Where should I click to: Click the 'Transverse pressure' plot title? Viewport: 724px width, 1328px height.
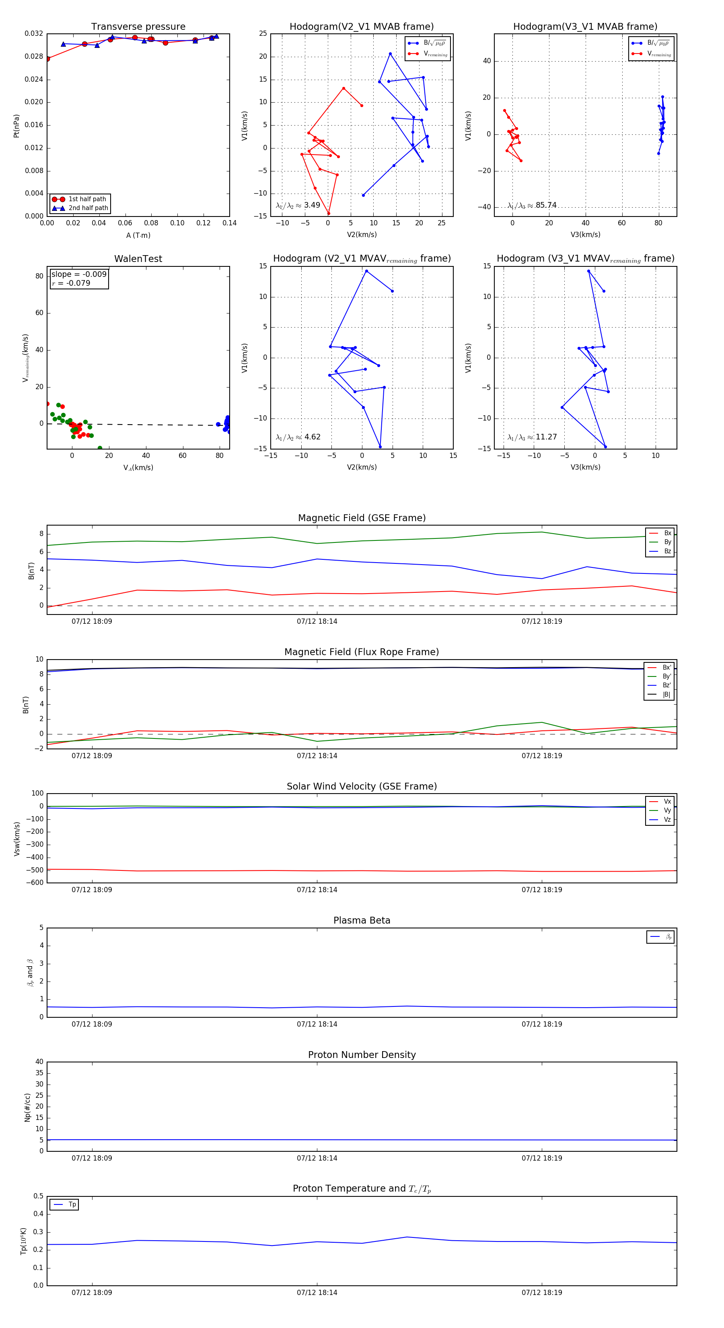coord(138,27)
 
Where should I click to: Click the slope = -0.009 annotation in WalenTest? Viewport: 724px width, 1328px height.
coord(79,274)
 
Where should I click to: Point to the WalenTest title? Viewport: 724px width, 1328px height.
coord(138,259)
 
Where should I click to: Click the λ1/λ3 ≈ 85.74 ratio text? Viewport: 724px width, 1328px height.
coord(532,205)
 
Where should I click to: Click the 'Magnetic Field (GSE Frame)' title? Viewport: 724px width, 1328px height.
coord(362,518)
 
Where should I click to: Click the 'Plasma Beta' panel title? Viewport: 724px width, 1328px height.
coord(362,921)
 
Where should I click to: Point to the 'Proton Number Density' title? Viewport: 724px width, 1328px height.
coord(362,1055)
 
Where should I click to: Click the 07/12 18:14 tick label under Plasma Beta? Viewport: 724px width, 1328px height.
coord(317,1024)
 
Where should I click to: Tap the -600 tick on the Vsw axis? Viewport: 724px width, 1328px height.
coord(35,883)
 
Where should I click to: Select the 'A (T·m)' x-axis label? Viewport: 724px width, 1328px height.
coord(138,235)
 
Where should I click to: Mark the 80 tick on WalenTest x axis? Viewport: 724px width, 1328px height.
coord(220,456)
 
